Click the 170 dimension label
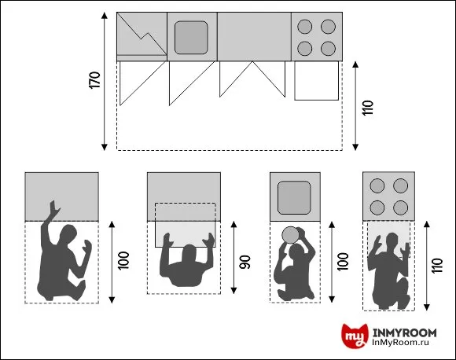[94, 79]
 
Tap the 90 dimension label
[245, 262]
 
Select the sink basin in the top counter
[191, 38]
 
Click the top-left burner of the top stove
[305, 27]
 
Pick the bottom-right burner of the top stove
[329, 49]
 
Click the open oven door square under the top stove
[316, 81]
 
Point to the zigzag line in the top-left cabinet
[142, 34]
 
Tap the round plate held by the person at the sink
[290, 235]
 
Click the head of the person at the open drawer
[189, 253]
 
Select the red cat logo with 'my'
[355, 336]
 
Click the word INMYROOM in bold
[405, 332]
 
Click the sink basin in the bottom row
[294, 197]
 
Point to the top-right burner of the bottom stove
[400, 186]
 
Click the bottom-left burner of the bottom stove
[377, 208]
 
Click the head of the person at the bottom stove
[392, 241]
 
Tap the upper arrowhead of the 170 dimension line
[105, 16]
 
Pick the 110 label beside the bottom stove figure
[437, 266]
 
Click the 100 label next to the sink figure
[343, 262]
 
